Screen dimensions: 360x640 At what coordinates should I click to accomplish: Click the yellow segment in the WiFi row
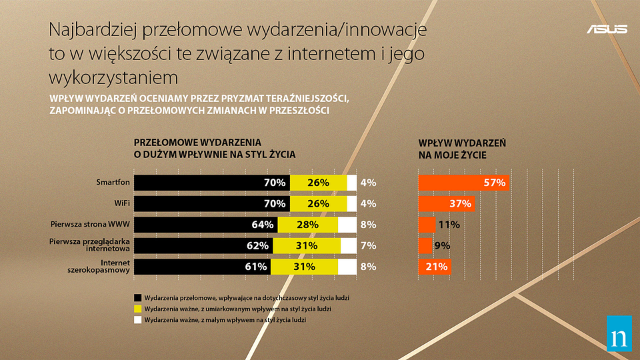319,203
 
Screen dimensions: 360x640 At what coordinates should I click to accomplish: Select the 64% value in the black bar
263,225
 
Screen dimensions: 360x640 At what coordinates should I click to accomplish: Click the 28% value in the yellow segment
307,225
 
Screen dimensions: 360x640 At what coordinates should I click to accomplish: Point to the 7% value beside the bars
368,246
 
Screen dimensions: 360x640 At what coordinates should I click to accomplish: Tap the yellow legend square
138,309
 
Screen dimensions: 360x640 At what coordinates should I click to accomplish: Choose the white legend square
138,321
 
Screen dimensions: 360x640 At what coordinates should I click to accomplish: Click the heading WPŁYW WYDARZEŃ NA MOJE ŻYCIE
461,149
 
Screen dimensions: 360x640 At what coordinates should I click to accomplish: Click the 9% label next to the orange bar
442,246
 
